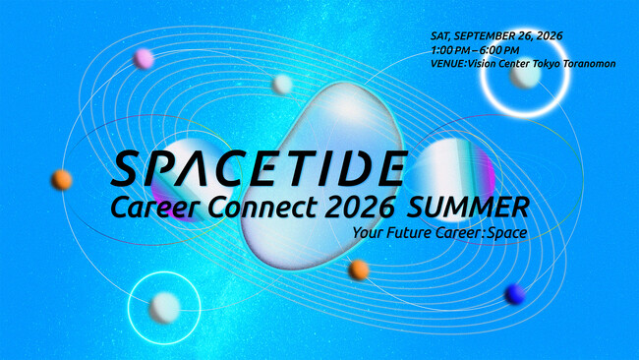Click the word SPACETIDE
259,168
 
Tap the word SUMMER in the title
468,208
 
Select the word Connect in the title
262,207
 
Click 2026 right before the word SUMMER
360,208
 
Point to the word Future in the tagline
410,233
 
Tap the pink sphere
144,59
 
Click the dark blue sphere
515,294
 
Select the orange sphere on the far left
62,180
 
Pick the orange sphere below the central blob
359,270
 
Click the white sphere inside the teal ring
164,308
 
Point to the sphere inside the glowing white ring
525,76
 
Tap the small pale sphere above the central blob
282,85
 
